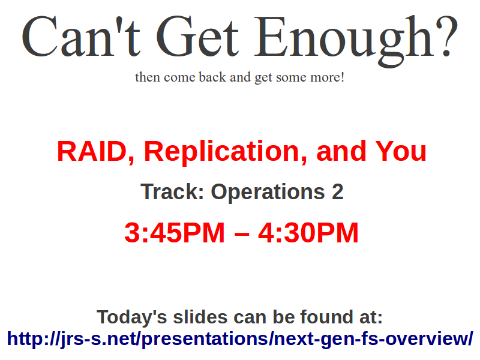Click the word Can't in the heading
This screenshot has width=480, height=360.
(x=81, y=36)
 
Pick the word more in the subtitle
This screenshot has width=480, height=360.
(x=325, y=78)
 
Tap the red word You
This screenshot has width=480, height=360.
(x=401, y=151)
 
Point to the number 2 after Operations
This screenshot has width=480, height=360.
(x=338, y=191)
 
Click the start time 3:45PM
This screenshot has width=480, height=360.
(x=175, y=233)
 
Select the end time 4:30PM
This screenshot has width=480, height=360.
(x=308, y=233)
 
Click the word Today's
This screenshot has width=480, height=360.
(x=132, y=317)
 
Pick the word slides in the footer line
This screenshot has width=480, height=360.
(x=200, y=317)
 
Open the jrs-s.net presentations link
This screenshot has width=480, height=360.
(x=240, y=339)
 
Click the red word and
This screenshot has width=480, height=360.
(x=341, y=151)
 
